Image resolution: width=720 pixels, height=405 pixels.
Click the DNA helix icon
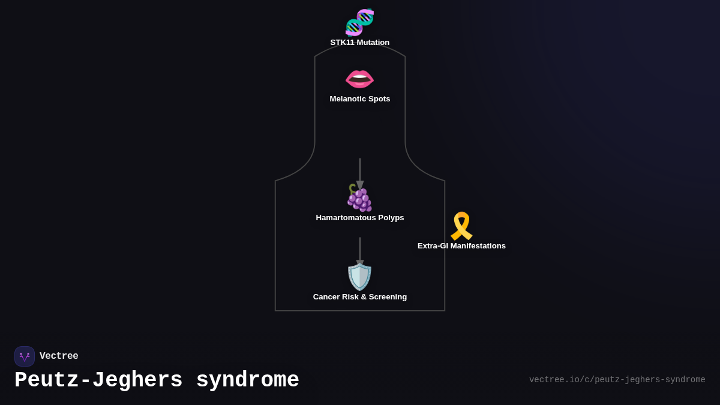[x=359, y=22]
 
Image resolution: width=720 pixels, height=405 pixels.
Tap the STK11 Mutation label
[x=359, y=43]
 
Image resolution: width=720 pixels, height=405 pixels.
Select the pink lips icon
[x=359, y=79]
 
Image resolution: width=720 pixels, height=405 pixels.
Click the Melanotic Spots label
[x=359, y=99]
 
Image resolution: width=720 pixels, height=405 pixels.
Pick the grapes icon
[x=359, y=197]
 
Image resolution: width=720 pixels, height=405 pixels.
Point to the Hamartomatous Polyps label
[x=359, y=218]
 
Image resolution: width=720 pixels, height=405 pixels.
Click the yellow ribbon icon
[x=461, y=226]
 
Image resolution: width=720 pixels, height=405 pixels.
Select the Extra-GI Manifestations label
[x=461, y=246]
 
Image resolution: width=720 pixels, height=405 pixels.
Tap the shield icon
[x=359, y=277]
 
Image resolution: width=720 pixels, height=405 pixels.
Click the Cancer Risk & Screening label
[x=359, y=297]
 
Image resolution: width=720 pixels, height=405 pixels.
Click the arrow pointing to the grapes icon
[x=360, y=174]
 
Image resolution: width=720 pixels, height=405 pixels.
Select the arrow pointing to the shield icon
[x=360, y=252]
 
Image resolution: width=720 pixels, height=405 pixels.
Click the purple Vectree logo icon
[x=25, y=356]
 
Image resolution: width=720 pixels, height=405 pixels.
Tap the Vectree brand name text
[x=59, y=356]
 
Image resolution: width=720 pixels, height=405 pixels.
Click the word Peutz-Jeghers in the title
[x=98, y=380]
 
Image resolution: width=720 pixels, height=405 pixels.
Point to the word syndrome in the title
[x=247, y=380]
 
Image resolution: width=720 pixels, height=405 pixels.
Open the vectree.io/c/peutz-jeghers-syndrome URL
[x=617, y=380]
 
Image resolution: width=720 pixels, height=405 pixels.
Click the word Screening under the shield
[x=385, y=297]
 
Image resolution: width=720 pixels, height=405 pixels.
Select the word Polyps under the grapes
[x=390, y=218]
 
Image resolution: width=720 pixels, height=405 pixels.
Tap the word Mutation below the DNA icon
[x=373, y=43]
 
